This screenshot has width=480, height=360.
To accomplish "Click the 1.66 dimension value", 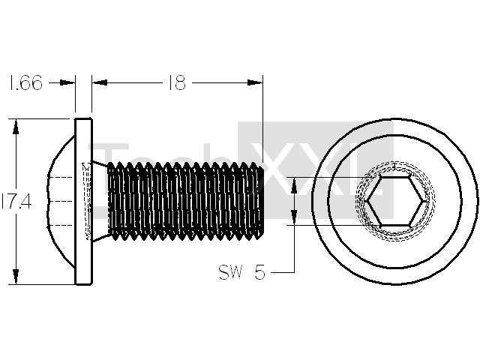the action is [26, 82].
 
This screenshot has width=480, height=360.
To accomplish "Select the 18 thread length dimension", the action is [177, 82].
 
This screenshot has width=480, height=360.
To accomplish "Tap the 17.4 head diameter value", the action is [16, 202].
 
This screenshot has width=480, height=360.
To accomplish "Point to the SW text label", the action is [230, 271].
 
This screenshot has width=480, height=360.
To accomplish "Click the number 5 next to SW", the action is [259, 271].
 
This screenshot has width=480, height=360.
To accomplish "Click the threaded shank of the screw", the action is [185, 201].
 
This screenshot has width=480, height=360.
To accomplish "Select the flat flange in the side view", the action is [83, 202].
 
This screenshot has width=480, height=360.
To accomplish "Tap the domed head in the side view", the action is [61, 202].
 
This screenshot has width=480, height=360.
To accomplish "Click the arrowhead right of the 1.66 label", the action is [67, 82].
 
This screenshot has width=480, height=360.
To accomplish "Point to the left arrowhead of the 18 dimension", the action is [100, 82].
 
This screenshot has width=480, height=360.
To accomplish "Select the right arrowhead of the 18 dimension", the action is [255, 82].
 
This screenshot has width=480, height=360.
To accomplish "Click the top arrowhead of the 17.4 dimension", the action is [16, 127].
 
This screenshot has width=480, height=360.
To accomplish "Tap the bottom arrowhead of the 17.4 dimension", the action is [16, 277].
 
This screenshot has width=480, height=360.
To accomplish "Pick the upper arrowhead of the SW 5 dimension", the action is [294, 185].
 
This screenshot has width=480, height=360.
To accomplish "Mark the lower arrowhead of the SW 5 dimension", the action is [294, 217].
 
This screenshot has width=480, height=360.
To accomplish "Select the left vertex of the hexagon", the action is [367, 201].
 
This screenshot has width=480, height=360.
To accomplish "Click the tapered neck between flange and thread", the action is [100, 201].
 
